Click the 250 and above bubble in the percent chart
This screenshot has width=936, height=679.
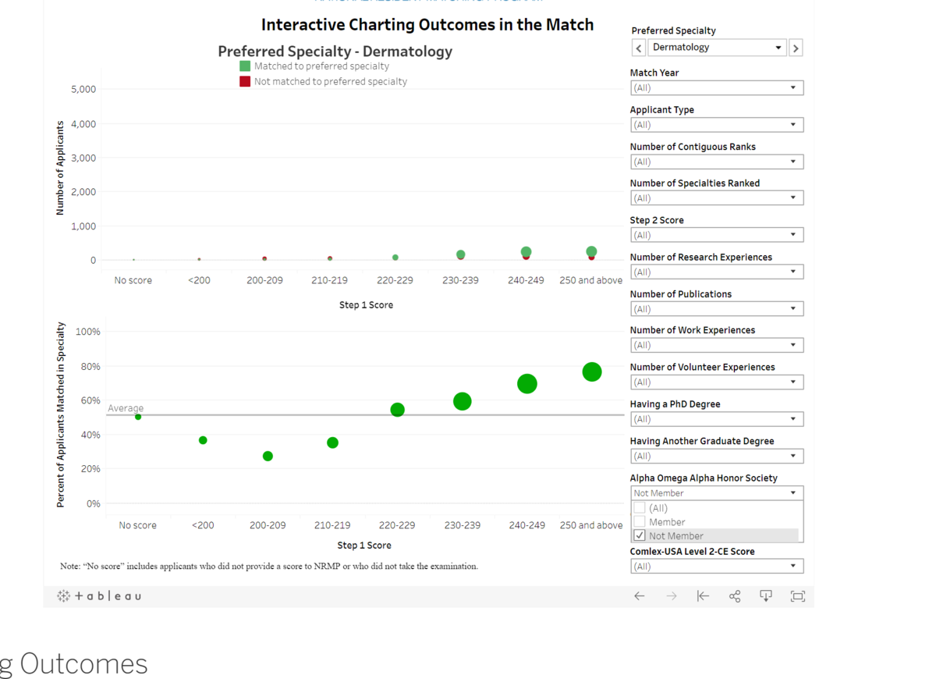(592, 372)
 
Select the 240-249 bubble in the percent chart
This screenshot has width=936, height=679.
(527, 384)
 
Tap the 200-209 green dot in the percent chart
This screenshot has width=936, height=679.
(268, 456)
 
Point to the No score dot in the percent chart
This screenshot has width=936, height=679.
(138, 417)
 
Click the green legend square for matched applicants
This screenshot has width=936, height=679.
(245, 66)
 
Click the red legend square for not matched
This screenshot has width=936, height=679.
(245, 81)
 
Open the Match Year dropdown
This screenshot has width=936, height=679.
(716, 88)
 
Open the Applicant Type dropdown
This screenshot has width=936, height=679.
(716, 125)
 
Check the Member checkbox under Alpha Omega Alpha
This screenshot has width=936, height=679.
(640, 522)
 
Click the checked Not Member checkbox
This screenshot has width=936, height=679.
(640, 536)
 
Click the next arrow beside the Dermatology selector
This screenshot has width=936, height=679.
(796, 48)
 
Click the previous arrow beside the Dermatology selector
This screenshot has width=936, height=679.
(639, 48)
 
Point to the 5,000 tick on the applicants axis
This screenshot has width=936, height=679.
(83, 89)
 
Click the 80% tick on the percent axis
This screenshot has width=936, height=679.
(88, 366)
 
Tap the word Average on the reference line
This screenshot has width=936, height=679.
(126, 408)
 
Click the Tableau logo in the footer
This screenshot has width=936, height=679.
(100, 596)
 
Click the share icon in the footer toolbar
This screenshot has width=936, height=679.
(735, 596)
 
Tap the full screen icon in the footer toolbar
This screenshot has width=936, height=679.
(797, 596)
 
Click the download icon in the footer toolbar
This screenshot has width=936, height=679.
(766, 596)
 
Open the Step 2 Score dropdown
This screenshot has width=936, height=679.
(716, 235)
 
